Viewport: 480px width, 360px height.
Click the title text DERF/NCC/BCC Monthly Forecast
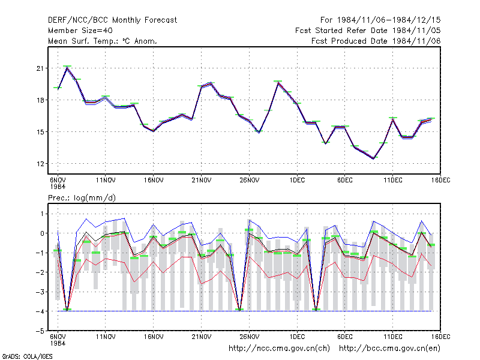click(x=112, y=20)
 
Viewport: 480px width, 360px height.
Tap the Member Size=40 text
click(x=80, y=31)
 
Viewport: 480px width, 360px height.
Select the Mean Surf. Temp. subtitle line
click(x=103, y=41)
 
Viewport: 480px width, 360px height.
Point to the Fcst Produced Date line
click(x=376, y=41)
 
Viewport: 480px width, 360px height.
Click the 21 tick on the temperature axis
click(x=40, y=68)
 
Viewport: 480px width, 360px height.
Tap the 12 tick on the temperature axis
click(x=40, y=164)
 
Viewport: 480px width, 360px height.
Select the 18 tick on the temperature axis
click(x=40, y=100)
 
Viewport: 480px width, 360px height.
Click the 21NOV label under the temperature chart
click(x=202, y=181)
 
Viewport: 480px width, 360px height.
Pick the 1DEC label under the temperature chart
click(x=297, y=181)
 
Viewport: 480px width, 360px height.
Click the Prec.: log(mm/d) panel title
click(x=82, y=198)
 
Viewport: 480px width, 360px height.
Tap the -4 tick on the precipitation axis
click(x=40, y=311)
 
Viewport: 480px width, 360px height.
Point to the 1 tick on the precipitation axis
click(x=42, y=214)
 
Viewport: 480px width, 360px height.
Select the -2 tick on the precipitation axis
click(x=40, y=272)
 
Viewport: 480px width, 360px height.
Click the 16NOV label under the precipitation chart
click(x=154, y=337)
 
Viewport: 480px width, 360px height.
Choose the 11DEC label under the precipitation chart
click(x=393, y=337)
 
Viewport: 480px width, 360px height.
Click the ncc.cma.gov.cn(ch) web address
click(x=279, y=349)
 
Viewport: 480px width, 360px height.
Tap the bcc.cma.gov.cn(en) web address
click(x=389, y=349)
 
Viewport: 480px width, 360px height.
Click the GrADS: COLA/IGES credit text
click(x=27, y=356)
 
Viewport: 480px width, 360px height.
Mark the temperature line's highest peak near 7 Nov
click(x=67, y=67)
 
